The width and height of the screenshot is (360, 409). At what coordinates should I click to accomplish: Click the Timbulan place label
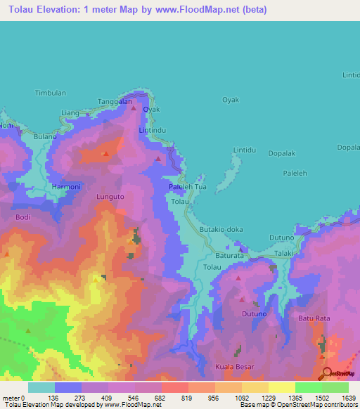50,93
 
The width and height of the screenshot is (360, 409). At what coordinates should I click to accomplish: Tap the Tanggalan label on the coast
115,101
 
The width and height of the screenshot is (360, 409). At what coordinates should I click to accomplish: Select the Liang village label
70,112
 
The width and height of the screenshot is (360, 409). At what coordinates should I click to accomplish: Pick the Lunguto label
110,197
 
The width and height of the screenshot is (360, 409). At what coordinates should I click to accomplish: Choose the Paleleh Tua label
188,187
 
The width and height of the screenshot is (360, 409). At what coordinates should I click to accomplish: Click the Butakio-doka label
221,229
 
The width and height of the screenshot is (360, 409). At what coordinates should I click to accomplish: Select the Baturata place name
229,256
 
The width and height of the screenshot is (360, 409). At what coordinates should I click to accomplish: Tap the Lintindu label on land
152,131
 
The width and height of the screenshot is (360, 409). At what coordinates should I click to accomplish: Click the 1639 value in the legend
338,398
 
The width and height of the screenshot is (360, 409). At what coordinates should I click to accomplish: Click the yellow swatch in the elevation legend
281,387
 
